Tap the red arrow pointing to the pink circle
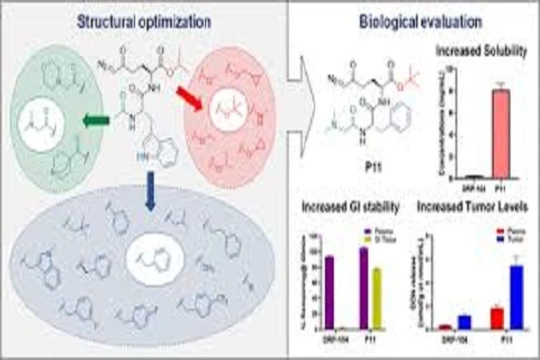(x=193, y=94)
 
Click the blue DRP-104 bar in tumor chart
(x=463, y=322)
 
